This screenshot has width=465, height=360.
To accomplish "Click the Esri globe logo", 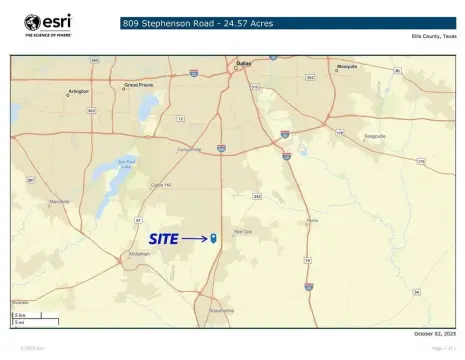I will (32, 22).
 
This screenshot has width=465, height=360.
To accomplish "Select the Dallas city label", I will (243, 63).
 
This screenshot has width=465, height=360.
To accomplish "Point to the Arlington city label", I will (78, 91).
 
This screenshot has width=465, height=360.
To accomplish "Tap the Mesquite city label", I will (347, 66).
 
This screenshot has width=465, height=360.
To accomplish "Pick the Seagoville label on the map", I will (374, 136).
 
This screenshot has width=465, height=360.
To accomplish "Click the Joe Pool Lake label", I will (126, 162).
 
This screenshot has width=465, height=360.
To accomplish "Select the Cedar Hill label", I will (160, 184).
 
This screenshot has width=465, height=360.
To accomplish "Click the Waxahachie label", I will (221, 310).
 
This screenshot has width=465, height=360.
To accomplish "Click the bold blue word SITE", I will (163, 239).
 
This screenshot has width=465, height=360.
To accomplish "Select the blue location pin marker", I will (214, 238).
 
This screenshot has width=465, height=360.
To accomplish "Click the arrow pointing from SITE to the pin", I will (194, 239).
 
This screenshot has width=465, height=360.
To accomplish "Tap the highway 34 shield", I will (416, 263).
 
